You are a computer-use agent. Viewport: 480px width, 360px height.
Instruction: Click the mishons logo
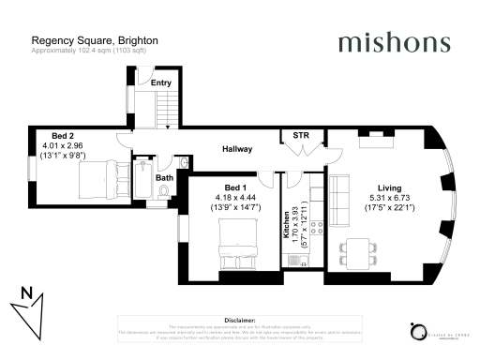[393, 43]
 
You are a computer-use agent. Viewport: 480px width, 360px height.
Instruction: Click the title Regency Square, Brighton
[95, 41]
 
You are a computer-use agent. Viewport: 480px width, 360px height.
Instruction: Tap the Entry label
[161, 82]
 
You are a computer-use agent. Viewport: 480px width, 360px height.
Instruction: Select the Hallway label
[240, 149]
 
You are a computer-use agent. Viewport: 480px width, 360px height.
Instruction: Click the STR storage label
[301, 135]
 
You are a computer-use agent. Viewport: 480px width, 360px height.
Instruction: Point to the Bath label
[164, 177]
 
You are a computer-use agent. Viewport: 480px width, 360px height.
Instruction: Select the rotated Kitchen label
[287, 226]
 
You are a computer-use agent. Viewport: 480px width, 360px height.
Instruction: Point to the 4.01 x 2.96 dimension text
[63, 145]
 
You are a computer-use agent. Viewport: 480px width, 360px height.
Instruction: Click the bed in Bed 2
[98, 175]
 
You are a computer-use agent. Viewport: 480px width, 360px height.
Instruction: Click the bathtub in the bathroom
[143, 181]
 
